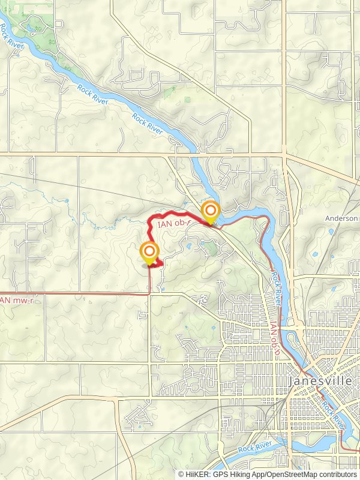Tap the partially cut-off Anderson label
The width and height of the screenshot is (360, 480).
pyautogui.click(x=343, y=219)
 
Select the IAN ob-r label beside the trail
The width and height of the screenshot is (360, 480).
pyautogui.click(x=175, y=223)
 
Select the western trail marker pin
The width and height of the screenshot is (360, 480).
pyautogui.click(x=149, y=253)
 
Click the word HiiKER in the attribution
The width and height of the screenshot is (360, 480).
pyautogui.click(x=197, y=474)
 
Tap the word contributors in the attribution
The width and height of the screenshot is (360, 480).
pyautogui.click(x=338, y=474)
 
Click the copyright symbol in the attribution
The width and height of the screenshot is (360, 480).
pyautogui.click(x=181, y=474)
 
